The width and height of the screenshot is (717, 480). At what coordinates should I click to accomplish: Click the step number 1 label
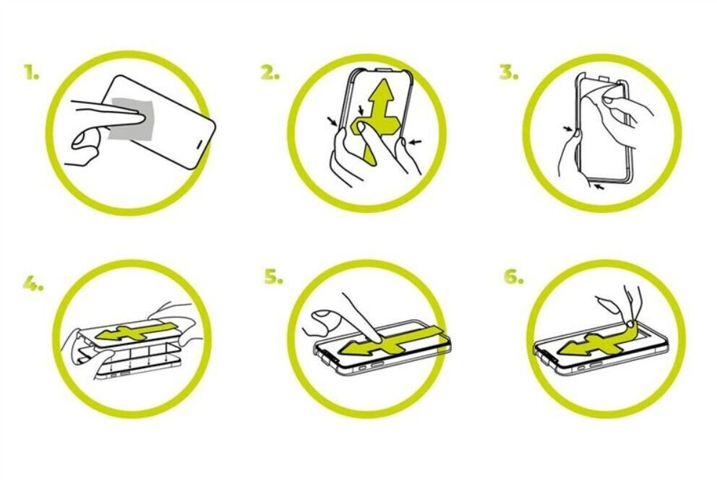(x=32, y=73)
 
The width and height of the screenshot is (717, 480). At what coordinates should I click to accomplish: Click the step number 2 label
(x=270, y=73)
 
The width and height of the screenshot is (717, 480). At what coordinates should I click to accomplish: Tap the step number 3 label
(x=509, y=73)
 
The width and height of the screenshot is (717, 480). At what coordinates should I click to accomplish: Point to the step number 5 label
(x=273, y=276)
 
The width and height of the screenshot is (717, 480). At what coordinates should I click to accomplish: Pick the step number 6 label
(x=513, y=276)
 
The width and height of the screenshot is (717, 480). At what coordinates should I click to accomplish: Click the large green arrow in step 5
(x=391, y=341)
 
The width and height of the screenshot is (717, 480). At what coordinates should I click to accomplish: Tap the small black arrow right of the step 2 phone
(x=415, y=142)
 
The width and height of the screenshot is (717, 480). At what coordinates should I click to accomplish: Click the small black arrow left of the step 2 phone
(x=333, y=121)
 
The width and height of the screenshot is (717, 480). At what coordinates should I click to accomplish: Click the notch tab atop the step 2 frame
(x=385, y=70)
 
